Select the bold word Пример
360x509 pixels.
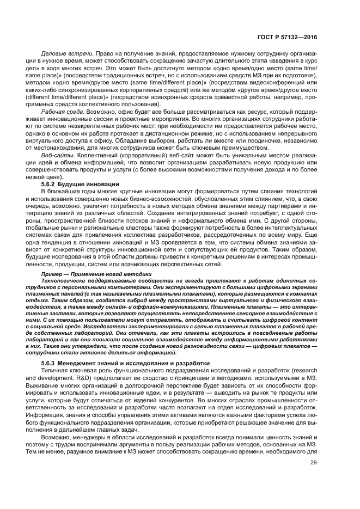(x=52, y=273)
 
